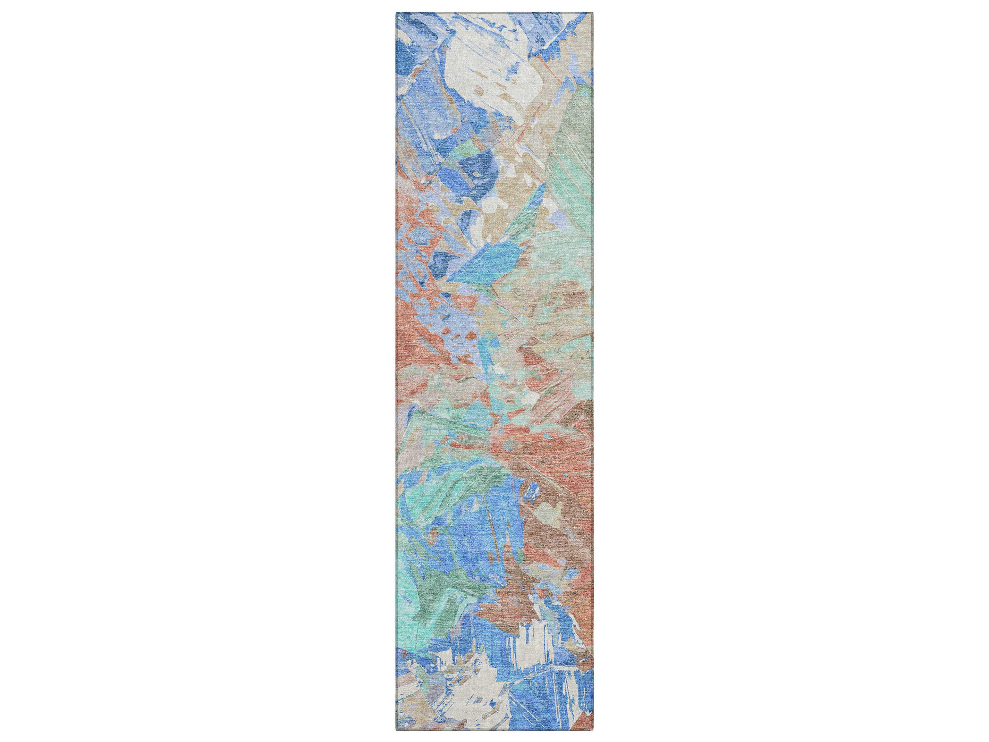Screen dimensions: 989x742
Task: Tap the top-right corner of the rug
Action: click(x=593, y=13)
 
